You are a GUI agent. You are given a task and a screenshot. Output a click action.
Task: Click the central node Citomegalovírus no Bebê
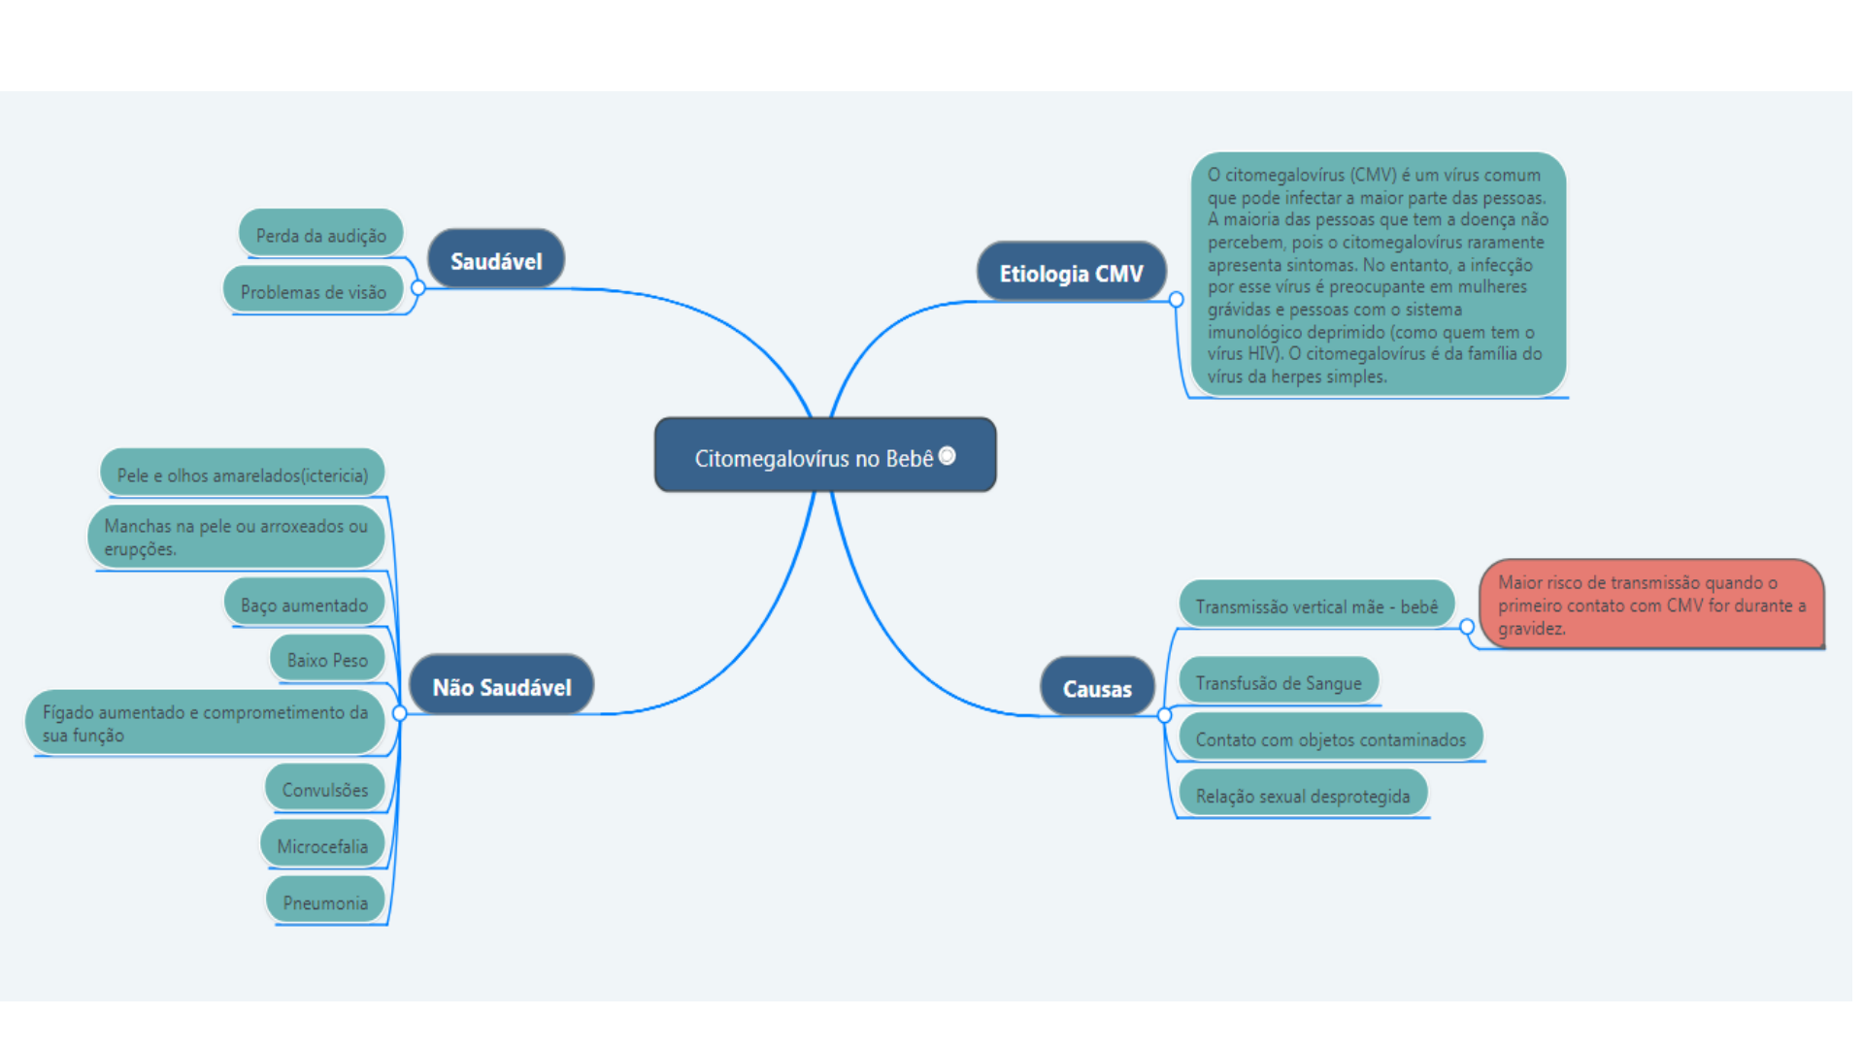point(825,455)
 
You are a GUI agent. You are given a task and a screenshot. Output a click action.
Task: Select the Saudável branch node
point(496,259)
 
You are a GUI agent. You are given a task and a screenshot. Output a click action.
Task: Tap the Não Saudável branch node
point(501,685)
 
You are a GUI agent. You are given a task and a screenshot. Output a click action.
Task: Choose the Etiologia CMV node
point(1071,272)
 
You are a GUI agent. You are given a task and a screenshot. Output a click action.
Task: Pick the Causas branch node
point(1097,687)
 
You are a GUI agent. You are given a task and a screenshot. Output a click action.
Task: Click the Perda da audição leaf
point(320,234)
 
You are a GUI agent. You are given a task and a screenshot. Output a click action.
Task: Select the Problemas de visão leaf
point(313,290)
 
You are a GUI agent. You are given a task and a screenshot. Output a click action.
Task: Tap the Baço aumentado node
point(304,604)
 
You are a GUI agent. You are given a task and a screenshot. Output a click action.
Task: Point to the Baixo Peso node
point(327,658)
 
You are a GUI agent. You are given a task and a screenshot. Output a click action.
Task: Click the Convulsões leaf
point(324,788)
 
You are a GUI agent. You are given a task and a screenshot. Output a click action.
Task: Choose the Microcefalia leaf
point(322,844)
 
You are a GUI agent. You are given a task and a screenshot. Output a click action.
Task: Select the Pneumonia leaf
point(325,901)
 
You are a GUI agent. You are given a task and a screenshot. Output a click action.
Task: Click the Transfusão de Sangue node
point(1279,681)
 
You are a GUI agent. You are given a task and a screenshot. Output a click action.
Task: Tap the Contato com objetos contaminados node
point(1331,737)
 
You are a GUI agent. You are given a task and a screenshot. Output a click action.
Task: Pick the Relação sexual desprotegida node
point(1303,794)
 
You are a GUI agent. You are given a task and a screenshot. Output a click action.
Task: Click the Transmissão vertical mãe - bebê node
point(1316,605)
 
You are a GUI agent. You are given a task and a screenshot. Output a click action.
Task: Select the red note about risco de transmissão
point(1651,604)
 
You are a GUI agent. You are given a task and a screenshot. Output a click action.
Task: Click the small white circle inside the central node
point(948,455)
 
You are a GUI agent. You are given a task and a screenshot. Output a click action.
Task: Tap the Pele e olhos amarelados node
point(242,474)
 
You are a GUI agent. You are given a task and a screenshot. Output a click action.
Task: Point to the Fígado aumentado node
point(205,722)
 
